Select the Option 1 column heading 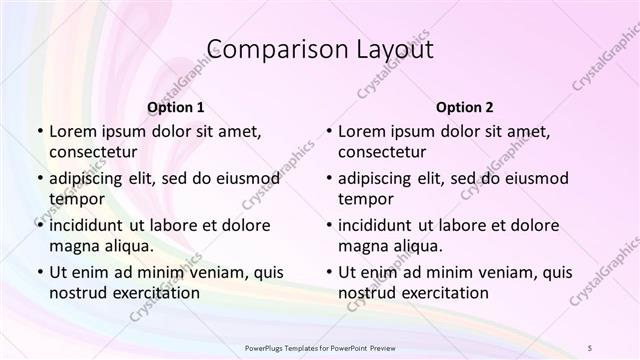point(176,107)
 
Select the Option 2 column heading point(465,107)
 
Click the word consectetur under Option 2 point(382,152)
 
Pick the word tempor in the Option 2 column point(366,199)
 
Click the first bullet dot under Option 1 point(40,131)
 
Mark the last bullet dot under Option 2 point(329,272)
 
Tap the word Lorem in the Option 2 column point(361,131)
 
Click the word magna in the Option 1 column point(72,246)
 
